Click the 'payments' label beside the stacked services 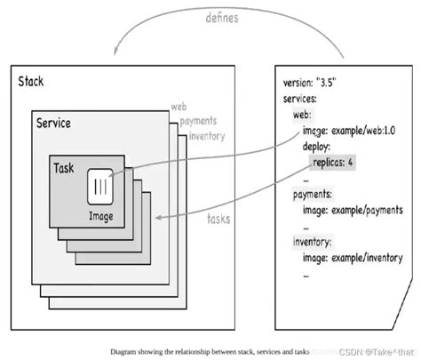point(200,122)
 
